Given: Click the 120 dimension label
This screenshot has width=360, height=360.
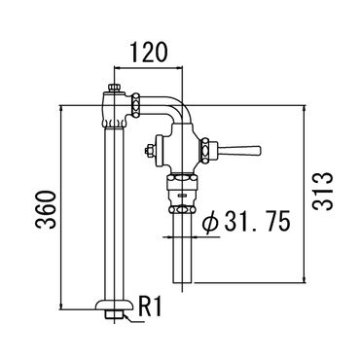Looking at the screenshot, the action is (x=149, y=52).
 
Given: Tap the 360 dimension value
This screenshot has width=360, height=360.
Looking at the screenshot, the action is (x=46, y=210).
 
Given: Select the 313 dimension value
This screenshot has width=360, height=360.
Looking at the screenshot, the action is (x=323, y=192).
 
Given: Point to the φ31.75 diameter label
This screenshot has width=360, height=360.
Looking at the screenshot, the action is (x=245, y=222).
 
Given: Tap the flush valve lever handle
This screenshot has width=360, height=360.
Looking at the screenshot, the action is (x=240, y=150).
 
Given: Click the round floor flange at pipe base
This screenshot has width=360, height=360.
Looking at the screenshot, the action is (x=115, y=305).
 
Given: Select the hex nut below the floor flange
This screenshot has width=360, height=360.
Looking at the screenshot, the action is (x=115, y=314).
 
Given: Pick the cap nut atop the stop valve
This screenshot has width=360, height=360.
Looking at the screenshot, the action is (x=115, y=88).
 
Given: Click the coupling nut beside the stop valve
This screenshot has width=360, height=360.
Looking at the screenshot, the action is (x=135, y=105).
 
